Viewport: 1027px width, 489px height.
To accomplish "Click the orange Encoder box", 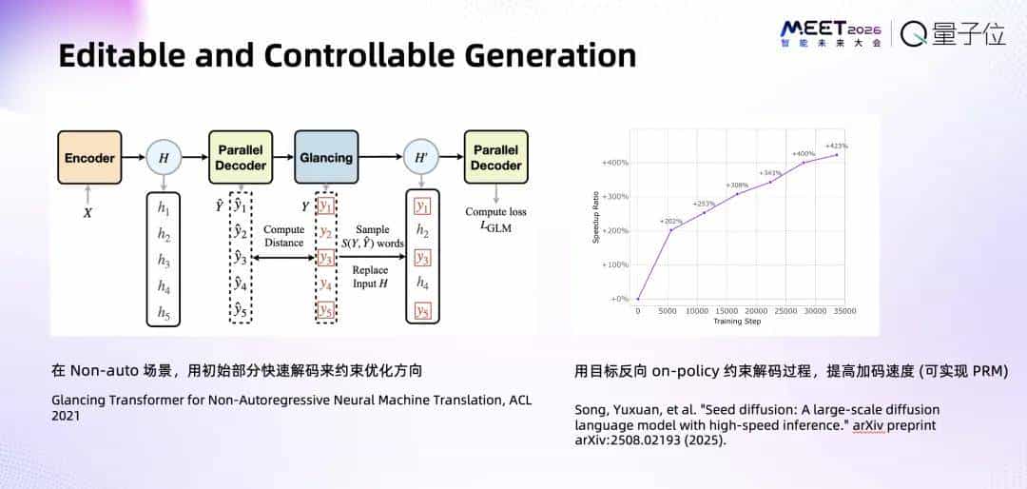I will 89,157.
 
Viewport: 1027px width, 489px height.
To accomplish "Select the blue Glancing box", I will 326,157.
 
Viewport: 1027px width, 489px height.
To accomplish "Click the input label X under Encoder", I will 87,213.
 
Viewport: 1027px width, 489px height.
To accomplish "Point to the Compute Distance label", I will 283,236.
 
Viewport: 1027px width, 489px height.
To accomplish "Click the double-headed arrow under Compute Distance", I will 283,257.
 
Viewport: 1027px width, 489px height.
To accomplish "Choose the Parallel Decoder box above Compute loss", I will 495,157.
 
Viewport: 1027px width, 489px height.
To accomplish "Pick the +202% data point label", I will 671,222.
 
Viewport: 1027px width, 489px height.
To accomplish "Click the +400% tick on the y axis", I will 614,163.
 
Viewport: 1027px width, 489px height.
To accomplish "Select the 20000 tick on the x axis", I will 755,311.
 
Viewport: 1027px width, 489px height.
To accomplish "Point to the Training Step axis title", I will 737,322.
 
